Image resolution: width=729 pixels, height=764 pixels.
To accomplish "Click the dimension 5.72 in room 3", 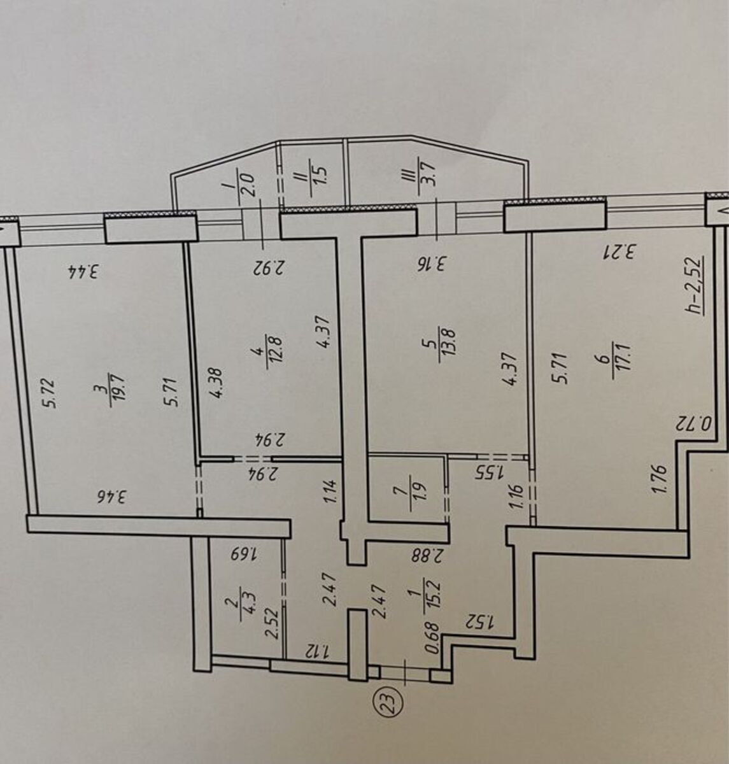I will [x=52, y=393].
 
